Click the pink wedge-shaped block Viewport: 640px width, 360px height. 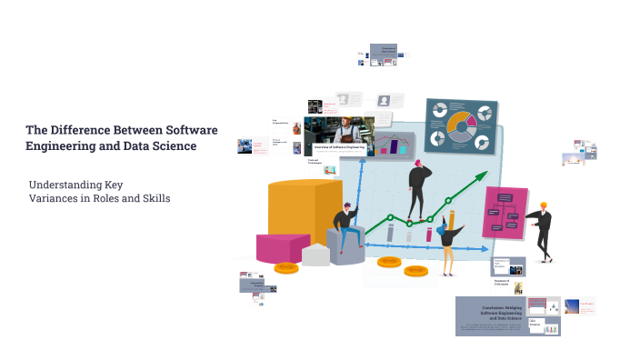pos(283,247)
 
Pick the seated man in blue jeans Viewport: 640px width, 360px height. pos(345,226)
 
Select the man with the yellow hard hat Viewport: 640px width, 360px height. pos(542,232)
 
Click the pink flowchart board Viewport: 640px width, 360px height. pos(504,213)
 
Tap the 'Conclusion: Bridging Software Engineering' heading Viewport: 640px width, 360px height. pos(492,312)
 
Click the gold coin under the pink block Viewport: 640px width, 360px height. pos(287,267)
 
